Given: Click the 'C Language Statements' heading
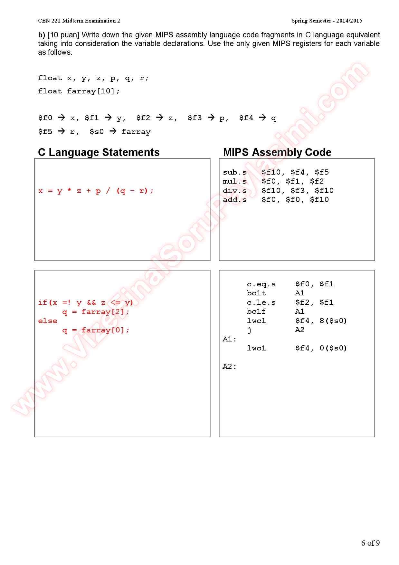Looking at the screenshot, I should (x=99, y=152).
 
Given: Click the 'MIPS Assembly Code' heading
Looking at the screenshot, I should (x=277, y=152).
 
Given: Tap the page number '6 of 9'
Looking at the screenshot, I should (x=370, y=543).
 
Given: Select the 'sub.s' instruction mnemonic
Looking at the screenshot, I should (x=234, y=172).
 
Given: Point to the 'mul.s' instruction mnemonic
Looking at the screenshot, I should (x=234, y=181).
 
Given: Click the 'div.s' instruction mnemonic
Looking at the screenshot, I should (x=234, y=191).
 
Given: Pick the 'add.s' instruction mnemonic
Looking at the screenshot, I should (x=234, y=200).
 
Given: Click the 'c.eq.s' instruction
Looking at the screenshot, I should (x=261, y=284).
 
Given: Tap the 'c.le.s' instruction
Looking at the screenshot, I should (x=261, y=302).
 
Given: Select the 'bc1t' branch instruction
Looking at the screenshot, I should (x=256, y=293).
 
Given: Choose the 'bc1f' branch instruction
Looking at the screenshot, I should (x=256, y=311).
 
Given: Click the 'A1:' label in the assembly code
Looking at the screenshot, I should (x=229, y=339).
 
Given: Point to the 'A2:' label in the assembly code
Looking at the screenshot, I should (x=229, y=367).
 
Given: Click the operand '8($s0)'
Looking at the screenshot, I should (x=333, y=321).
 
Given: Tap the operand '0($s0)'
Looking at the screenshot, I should (x=333, y=348).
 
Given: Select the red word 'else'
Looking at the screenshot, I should (x=48, y=321).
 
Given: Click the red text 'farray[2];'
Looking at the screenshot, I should (x=105, y=312).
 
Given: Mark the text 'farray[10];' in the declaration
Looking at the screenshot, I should (x=93, y=91).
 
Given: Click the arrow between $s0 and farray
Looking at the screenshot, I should (x=113, y=131).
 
